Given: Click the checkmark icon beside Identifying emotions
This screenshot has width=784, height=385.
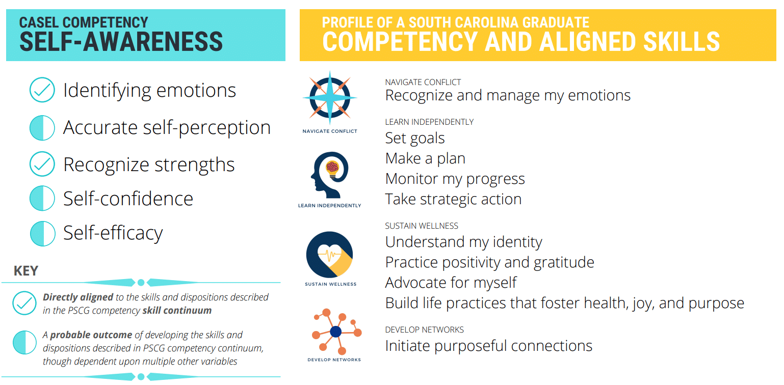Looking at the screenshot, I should click(42, 90).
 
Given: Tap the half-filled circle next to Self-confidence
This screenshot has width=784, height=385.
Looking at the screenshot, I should click(42, 199).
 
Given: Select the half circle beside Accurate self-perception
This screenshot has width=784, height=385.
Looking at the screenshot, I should click(42, 128).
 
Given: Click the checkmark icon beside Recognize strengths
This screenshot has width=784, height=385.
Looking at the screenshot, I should click(42, 164).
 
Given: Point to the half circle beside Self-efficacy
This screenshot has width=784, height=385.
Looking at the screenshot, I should click(42, 233).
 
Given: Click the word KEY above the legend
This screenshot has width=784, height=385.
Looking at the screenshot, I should click(26, 271).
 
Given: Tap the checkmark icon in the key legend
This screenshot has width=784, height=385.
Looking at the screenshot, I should click(24, 304).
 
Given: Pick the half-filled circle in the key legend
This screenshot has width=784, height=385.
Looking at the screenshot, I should click(24, 342).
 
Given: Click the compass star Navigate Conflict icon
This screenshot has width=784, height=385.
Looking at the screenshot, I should click(329, 97).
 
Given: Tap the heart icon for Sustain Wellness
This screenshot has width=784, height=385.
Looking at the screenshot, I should click(329, 254).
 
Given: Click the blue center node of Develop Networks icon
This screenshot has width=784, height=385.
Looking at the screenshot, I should click(335, 332).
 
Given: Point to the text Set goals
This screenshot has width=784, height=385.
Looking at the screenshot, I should click(415, 138).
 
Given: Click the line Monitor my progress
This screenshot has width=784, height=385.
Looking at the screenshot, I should click(455, 179).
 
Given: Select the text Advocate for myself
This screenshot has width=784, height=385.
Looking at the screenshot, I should click(451, 283).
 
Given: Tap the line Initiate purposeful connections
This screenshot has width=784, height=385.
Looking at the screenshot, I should click(488, 346).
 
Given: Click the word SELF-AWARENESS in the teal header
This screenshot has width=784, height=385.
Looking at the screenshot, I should click(121, 42).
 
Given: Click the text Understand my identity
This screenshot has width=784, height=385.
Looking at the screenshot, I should click(463, 242).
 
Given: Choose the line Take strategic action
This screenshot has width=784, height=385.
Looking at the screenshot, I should click(453, 199).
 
